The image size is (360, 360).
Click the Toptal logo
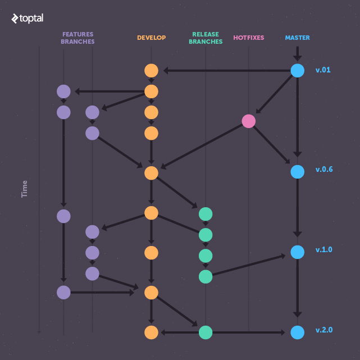(x=27, y=19)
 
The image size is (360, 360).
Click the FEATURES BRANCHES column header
(x=78, y=38)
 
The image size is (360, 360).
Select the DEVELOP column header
(x=151, y=38)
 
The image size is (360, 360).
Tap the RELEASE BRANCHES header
(x=206, y=38)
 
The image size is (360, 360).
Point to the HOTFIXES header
(x=248, y=38)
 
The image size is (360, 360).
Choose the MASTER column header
(x=297, y=38)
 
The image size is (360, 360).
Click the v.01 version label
(x=323, y=70)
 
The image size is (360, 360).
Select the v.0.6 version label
(x=324, y=169)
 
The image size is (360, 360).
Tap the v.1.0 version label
(x=324, y=249)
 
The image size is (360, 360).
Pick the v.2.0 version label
(x=324, y=330)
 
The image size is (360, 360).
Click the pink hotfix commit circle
(x=248, y=121)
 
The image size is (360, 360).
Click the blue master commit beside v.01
(x=297, y=71)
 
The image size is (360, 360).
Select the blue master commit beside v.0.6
(x=297, y=171)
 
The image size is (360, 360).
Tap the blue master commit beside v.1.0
(x=297, y=252)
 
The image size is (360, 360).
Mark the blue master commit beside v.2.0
(x=297, y=332)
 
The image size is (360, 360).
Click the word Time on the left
(x=24, y=189)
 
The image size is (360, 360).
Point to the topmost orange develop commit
(x=151, y=71)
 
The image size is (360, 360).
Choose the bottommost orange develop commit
(x=151, y=332)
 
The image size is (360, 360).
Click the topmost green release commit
(x=206, y=214)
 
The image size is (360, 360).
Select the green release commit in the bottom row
(x=206, y=332)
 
